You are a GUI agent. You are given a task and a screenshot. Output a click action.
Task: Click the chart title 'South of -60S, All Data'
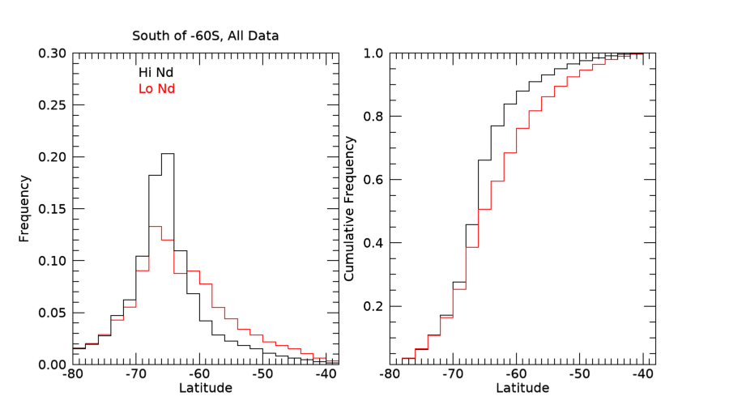coord(206,36)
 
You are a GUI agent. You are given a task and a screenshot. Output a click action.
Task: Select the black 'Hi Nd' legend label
coord(156,73)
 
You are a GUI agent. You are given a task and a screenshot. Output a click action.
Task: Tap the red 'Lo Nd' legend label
coord(156,89)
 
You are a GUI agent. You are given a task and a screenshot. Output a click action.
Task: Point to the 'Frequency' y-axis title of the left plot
coord(24,209)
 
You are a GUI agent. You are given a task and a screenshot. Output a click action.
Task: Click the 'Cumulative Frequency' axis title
coord(349,209)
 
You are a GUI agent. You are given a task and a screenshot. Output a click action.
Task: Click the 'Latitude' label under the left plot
coord(205,388)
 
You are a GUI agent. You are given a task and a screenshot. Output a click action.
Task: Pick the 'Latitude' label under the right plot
coord(522,388)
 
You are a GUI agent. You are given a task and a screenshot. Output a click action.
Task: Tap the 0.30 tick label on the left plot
coord(53,53)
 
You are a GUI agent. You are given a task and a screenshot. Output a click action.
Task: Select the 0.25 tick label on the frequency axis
coord(53,105)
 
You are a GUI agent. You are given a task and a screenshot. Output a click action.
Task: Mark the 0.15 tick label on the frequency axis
coord(53,209)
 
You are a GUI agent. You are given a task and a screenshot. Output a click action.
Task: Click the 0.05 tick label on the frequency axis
coord(53,313)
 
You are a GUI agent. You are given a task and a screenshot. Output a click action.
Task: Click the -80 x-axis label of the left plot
coord(73,375)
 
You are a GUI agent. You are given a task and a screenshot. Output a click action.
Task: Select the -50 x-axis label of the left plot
coord(262,375)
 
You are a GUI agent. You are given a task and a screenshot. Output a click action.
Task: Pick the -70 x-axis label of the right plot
coord(453,375)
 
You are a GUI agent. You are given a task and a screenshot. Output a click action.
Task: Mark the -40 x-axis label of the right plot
coord(642,375)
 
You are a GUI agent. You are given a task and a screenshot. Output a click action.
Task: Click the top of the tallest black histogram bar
coord(168,153)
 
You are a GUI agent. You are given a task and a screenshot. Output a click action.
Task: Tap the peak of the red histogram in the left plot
coord(155,226)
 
